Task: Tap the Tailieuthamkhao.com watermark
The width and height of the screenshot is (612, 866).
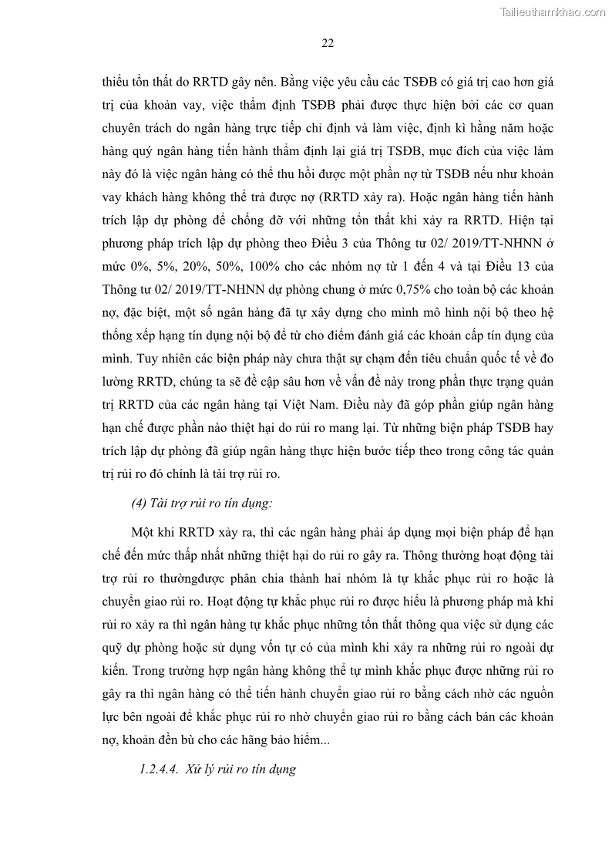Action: (x=552, y=12)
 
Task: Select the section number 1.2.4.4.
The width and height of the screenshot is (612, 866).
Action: (x=156, y=769)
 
